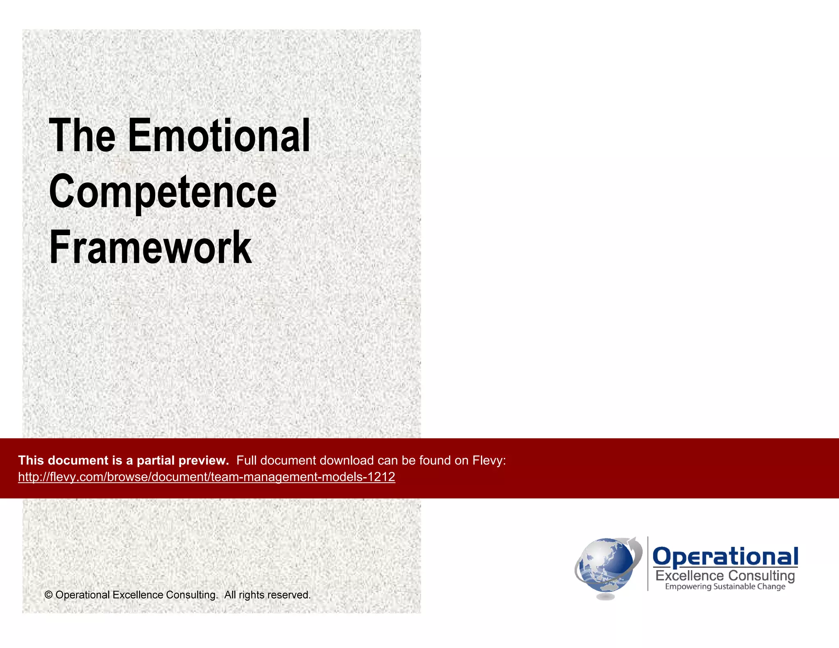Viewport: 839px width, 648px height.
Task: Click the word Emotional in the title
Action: (x=219, y=136)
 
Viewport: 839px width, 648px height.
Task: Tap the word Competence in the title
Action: (x=163, y=192)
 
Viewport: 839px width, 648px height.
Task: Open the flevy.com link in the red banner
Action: (x=206, y=477)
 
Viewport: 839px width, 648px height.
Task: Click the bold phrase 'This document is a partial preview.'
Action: (x=123, y=460)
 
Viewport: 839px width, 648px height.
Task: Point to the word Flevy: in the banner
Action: (x=489, y=460)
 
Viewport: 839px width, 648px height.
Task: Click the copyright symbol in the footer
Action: (x=48, y=595)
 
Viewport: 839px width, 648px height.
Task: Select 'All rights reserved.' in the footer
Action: (x=267, y=595)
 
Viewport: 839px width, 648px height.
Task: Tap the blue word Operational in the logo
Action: (x=725, y=557)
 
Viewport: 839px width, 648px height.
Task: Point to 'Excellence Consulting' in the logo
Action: (x=725, y=575)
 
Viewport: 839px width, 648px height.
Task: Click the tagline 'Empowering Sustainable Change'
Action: (x=725, y=587)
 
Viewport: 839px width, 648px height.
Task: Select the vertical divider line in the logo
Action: (x=648, y=564)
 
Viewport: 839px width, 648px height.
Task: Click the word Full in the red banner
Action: (x=247, y=460)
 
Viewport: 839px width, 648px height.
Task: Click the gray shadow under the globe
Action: (x=605, y=597)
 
